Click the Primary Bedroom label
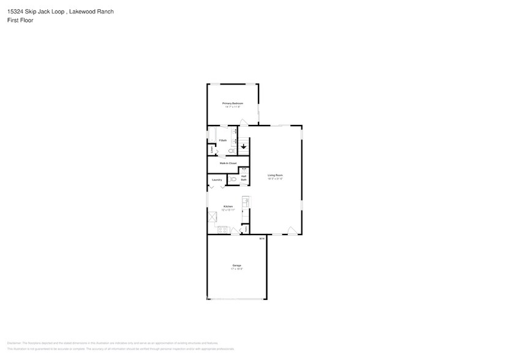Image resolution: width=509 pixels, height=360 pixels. (x=233, y=103)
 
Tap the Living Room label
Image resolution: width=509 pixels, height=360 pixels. (x=275, y=176)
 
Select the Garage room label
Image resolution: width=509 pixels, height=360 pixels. (x=236, y=265)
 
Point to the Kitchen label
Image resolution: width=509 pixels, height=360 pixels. (x=228, y=206)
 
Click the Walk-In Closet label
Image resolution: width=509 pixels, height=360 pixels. (x=228, y=163)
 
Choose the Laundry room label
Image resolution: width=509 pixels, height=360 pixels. (x=217, y=180)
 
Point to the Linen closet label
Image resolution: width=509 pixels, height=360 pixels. (x=211, y=149)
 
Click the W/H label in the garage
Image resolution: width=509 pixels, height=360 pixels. (x=262, y=239)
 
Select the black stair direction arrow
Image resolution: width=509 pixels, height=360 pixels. (x=243, y=147)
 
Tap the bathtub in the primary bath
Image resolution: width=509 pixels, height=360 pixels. (x=212, y=134)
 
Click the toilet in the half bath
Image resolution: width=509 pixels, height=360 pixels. (x=232, y=179)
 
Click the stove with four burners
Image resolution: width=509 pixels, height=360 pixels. (x=222, y=230)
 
